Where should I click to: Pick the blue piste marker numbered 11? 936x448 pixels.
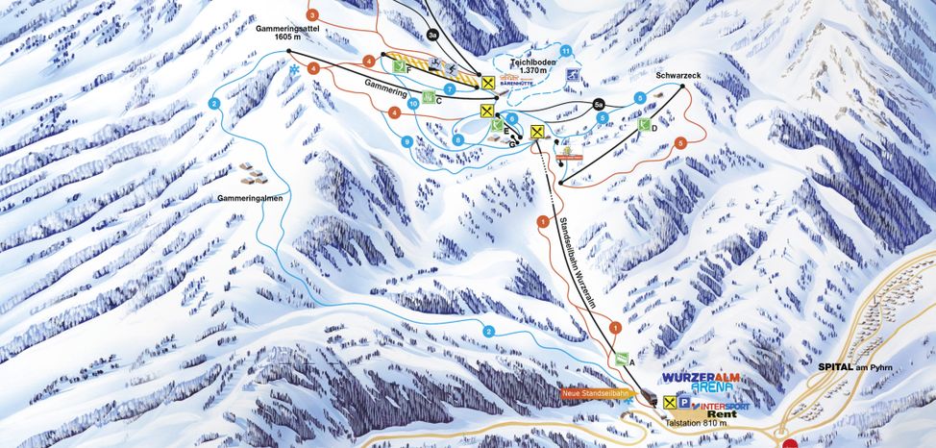coord(566,51)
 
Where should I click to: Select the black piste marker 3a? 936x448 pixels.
coord(432,35)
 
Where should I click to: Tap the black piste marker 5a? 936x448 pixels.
coord(598,104)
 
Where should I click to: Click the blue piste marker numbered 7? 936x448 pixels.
coord(449,89)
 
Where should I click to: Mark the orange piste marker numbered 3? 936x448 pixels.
coord(311,15)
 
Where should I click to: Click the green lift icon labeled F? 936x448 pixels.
coord(400,66)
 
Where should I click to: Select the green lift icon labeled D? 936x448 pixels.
coord(646,125)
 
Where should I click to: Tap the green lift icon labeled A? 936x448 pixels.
coord(622,360)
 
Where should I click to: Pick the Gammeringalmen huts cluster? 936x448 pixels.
coord(252,175)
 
